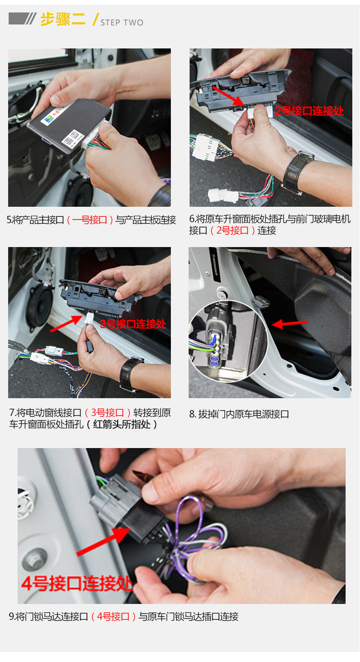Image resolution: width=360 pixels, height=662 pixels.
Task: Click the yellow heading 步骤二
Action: tap(63, 20)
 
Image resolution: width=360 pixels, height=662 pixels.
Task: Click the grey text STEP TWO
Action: tap(122, 23)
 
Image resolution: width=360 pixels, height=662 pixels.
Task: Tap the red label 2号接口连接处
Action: tap(309, 111)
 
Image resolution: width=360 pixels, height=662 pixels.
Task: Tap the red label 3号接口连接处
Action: tap(133, 324)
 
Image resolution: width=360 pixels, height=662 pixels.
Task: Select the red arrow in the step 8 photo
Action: tap(289, 324)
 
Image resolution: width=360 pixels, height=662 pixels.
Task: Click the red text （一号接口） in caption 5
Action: tap(90, 220)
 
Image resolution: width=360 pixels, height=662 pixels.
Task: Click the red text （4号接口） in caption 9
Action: tap(113, 616)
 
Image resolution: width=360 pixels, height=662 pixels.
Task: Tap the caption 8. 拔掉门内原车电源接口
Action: tap(239, 414)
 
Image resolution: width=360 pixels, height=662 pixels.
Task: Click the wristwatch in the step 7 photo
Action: tap(131, 373)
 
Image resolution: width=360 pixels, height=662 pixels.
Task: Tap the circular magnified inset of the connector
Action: tap(228, 341)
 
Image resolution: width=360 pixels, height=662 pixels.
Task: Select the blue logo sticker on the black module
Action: tap(48, 119)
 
